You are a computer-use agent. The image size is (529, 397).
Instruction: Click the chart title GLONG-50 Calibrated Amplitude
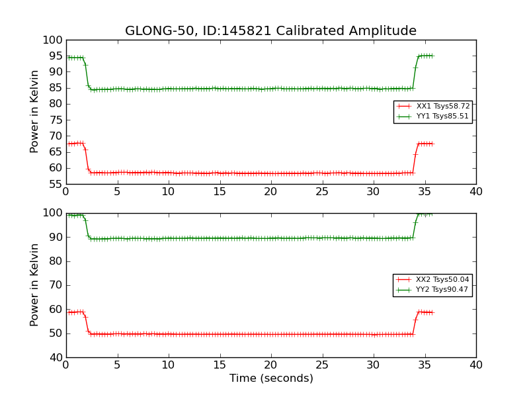pyautogui.click(x=270, y=31)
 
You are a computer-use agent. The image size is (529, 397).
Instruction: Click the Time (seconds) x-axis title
pyautogui.click(x=271, y=378)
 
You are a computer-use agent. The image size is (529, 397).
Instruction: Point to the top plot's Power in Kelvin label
pyautogui.click(x=35, y=111)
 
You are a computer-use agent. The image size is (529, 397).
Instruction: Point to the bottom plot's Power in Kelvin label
pyautogui.click(x=35, y=285)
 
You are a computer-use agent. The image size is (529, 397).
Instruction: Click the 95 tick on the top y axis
pyautogui.click(x=53, y=72)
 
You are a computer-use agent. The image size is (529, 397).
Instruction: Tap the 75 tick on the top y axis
pyautogui.click(x=53, y=120)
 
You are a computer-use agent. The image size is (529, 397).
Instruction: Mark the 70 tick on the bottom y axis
pyautogui.click(x=53, y=285)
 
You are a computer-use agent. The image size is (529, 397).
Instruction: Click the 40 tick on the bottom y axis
pyautogui.click(x=53, y=357)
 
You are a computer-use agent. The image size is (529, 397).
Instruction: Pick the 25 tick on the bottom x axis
pyautogui.click(x=322, y=365)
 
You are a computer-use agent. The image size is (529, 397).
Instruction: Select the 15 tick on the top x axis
pyautogui.click(x=220, y=192)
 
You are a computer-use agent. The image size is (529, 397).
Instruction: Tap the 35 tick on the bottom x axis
pyautogui.click(x=425, y=365)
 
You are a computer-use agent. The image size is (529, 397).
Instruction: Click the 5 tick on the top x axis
pyautogui.click(x=117, y=192)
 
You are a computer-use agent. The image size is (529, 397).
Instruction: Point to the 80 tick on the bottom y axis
pyautogui.click(x=53, y=261)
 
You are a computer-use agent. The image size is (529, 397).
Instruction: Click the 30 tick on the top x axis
pyautogui.click(x=374, y=192)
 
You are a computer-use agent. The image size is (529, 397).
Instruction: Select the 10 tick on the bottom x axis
pyautogui.click(x=168, y=365)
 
